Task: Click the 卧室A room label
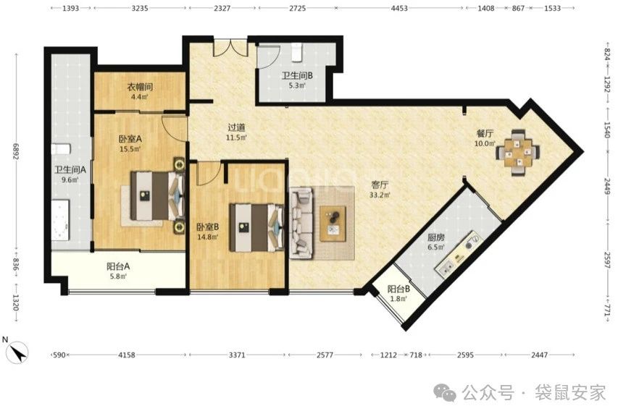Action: (130, 139)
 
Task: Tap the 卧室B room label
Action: (207, 227)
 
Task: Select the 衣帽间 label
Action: (140, 87)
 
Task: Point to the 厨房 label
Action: (435, 237)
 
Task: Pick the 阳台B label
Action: (398, 289)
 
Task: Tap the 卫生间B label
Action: (297, 75)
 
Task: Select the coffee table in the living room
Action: (333, 224)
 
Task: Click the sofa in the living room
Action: (301, 224)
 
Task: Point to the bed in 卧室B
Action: (256, 227)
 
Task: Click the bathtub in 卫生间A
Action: (60, 220)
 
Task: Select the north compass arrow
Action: (18, 353)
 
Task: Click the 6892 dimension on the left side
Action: (16, 151)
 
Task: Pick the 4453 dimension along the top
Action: (398, 8)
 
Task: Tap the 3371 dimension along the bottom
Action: (237, 355)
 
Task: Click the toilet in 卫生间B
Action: (296, 53)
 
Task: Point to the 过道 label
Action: (236, 127)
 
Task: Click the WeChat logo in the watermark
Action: (446, 392)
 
